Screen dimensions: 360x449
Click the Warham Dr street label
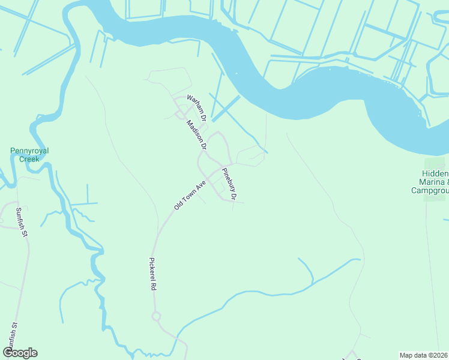(x=196, y=106)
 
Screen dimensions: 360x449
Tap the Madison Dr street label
(x=196, y=134)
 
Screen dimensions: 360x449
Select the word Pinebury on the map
(x=228, y=179)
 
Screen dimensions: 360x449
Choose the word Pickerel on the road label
(x=152, y=270)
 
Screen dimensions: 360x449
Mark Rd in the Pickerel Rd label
(x=154, y=287)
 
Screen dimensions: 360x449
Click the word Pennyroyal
(x=29, y=151)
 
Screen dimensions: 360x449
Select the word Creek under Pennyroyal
(x=29, y=159)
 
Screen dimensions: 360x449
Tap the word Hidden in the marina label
(x=434, y=173)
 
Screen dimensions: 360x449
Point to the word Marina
(x=429, y=182)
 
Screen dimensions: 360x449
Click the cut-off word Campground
(x=430, y=191)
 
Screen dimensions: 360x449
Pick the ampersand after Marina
(x=445, y=182)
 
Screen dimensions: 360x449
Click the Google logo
(x=20, y=353)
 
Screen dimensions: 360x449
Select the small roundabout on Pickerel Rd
(x=157, y=316)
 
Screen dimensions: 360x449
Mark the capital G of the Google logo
(x=8, y=353)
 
